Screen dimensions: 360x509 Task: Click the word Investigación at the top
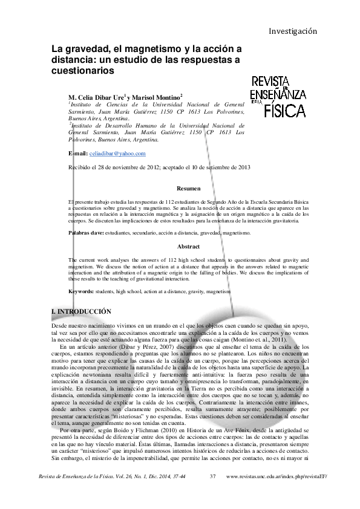tap(293, 31)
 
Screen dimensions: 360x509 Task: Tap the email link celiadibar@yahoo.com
tap(117, 154)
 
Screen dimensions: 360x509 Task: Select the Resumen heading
tap(189, 189)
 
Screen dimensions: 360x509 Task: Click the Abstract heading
tap(188, 247)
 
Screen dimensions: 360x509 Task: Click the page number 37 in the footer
tap(212, 477)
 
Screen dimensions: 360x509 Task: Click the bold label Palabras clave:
tap(86, 233)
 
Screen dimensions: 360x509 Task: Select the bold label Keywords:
tap(81, 291)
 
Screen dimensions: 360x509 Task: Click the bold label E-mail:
tap(78, 154)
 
